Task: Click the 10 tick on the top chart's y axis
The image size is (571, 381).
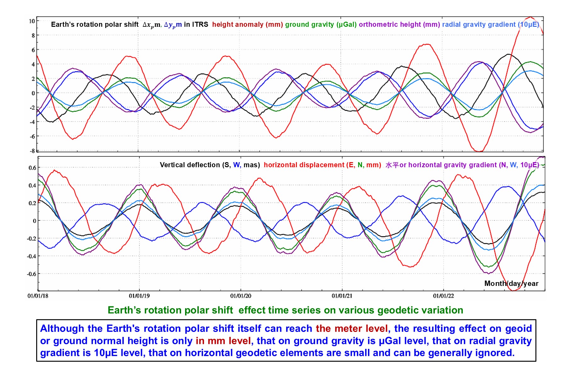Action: pyautogui.click(x=32, y=21)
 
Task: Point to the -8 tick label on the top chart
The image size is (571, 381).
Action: pyautogui.click(x=32, y=151)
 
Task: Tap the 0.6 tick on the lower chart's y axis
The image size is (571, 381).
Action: pyautogui.click(x=32, y=168)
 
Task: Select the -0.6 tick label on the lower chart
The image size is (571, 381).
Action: pyautogui.click(x=31, y=274)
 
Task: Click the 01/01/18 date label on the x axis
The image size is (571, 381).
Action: pyautogui.click(x=38, y=296)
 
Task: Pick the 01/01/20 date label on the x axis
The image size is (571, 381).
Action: pyautogui.click(x=241, y=296)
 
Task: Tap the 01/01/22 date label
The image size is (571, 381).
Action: pyautogui.click(x=444, y=296)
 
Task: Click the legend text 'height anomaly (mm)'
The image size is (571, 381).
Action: pyautogui.click(x=247, y=25)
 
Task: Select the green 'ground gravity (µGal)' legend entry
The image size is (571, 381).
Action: pyautogui.click(x=321, y=25)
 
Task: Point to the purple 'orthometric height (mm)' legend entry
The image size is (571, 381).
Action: pyautogui.click(x=399, y=25)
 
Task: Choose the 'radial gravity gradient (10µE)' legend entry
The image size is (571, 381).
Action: pyautogui.click(x=490, y=25)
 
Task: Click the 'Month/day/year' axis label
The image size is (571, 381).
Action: pyautogui.click(x=511, y=284)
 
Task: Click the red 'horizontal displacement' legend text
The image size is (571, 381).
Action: pyautogui.click(x=304, y=165)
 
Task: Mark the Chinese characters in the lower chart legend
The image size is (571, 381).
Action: pyautogui.click(x=392, y=165)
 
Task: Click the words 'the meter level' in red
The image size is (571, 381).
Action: pyautogui.click(x=352, y=329)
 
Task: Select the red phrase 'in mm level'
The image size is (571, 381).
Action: pyautogui.click(x=223, y=341)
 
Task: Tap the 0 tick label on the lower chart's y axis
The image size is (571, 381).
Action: pyautogui.click(x=34, y=221)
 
